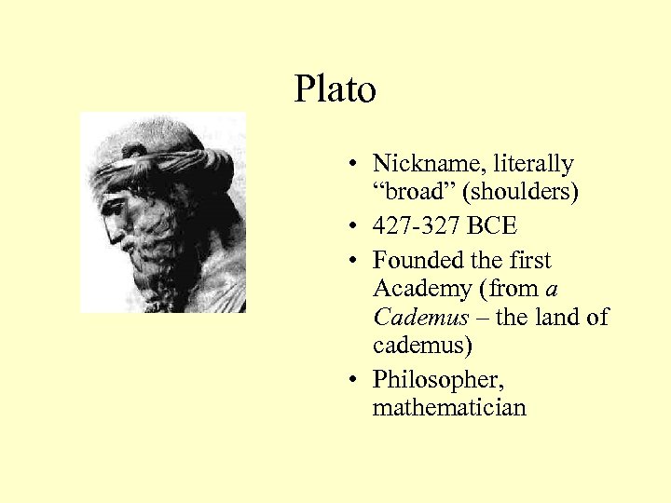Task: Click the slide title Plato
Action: [335, 90]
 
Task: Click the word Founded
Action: [414, 260]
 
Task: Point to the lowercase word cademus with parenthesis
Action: [422, 346]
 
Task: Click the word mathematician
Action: [449, 407]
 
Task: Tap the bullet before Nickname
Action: [357, 165]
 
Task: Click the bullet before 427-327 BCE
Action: [357, 226]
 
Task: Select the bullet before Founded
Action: [357, 261]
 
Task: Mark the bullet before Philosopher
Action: [357, 380]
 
